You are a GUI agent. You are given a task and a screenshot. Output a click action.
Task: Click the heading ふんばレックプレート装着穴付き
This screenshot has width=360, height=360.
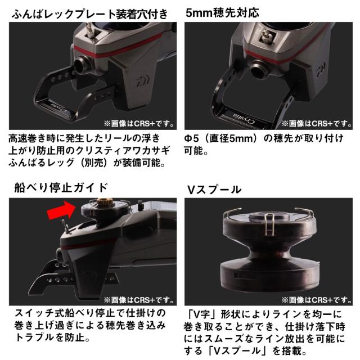(90, 14)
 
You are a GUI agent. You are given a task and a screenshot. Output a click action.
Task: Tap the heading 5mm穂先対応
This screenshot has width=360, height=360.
(222, 12)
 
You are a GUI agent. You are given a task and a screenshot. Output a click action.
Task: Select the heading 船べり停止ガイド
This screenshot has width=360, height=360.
(61, 188)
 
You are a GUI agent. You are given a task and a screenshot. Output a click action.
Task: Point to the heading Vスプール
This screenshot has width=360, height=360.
(214, 190)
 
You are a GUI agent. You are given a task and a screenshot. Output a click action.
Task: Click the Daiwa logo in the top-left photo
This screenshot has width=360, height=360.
(142, 81)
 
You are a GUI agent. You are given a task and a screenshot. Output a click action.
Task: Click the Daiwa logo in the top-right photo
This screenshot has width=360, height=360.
(321, 69)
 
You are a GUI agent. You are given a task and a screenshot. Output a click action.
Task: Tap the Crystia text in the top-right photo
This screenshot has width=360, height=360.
(244, 118)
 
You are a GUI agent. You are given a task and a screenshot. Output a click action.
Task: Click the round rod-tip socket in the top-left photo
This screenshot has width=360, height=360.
(81, 65)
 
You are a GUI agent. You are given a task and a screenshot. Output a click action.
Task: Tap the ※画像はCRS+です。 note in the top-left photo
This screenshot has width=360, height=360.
(139, 124)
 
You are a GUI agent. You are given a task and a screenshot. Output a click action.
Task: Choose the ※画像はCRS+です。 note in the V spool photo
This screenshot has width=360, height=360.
(317, 300)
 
